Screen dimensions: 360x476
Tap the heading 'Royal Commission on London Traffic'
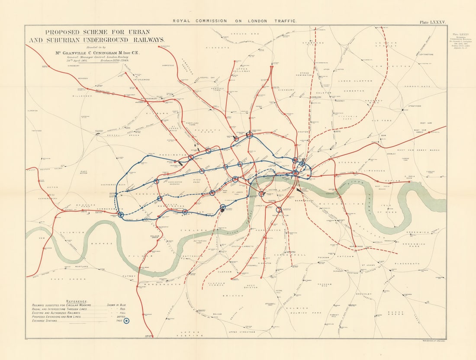coord(235,21)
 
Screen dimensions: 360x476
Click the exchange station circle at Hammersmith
coord(121,214)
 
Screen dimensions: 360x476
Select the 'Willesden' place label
coord(82,96)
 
